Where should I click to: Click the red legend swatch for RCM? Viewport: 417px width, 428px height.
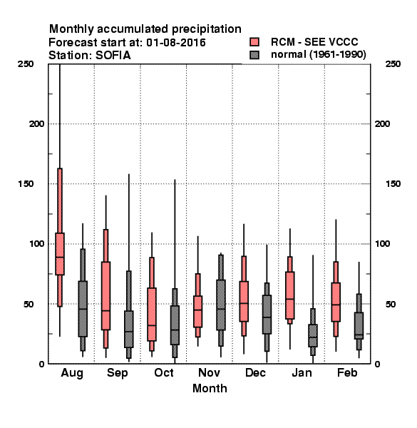tap(254, 42)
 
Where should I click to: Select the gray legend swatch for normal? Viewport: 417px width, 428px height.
tap(254, 55)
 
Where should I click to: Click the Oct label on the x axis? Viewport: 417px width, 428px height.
tap(164, 372)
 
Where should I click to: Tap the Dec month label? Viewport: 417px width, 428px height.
tap(255, 372)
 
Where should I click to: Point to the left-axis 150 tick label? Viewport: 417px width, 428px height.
tap(26, 184)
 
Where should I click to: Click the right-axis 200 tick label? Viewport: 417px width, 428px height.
tap(382, 123)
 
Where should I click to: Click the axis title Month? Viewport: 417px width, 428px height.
tap(210, 389)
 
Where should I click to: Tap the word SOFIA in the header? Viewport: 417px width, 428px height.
tap(113, 56)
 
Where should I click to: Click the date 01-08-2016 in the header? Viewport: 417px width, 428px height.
tap(176, 43)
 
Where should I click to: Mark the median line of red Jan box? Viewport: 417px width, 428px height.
tap(290, 299)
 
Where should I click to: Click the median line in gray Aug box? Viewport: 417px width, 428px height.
tap(83, 309)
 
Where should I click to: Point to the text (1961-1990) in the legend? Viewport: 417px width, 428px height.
tap(338, 55)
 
